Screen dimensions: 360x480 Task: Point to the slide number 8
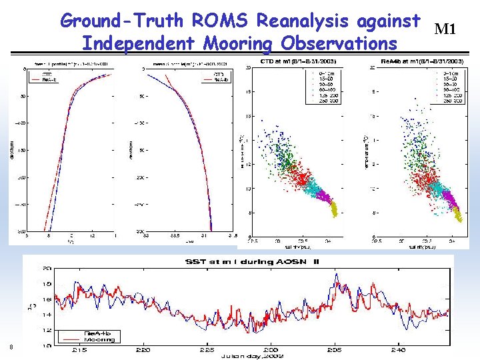pos(11,346)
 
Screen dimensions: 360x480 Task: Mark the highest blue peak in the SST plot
pos(337,275)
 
